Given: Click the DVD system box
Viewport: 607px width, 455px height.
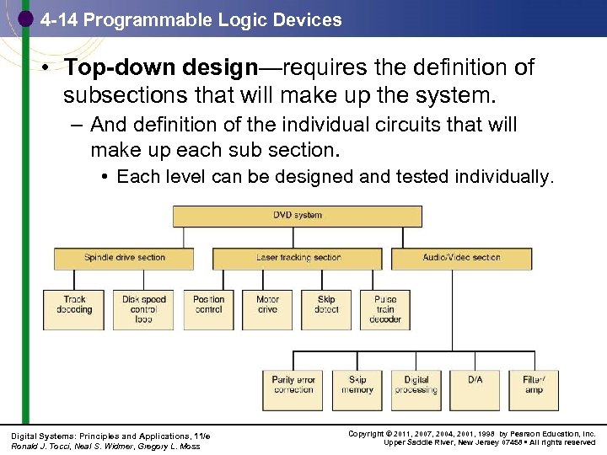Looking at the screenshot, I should click(298, 216).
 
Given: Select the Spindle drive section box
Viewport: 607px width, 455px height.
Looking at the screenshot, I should click(125, 258).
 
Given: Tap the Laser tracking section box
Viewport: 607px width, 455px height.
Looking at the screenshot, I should click(298, 258).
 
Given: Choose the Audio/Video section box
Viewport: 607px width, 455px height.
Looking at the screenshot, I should click(462, 258).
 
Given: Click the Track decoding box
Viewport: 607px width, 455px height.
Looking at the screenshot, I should click(74, 308).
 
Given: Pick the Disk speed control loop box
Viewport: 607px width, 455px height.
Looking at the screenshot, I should click(143, 308).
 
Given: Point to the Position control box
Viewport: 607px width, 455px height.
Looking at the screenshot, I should click(208, 308).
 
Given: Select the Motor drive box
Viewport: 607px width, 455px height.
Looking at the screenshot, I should click(267, 308).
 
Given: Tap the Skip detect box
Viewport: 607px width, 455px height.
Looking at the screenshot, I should click(326, 308).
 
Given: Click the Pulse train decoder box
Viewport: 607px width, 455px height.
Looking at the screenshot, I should click(385, 308).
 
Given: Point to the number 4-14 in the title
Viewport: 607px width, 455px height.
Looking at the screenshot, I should click(58, 19).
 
